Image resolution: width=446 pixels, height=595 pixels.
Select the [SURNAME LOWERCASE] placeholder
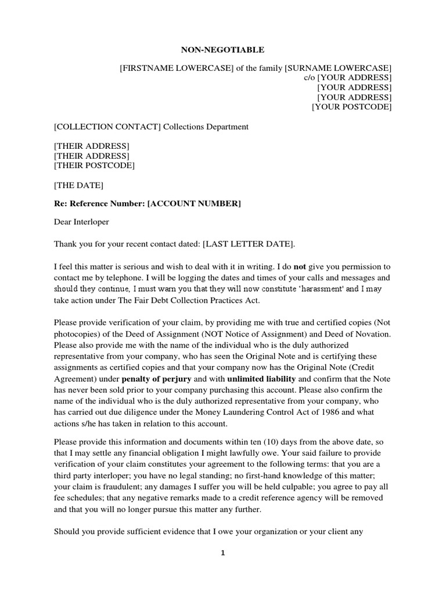click(x=338, y=69)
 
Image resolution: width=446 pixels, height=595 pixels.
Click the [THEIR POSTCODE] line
click(x=94, y=166)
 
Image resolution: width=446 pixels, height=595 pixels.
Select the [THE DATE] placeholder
click(x=78, y=185)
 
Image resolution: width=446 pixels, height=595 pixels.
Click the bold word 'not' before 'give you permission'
click(x=300, y=267)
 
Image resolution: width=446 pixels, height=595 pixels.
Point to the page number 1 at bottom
click(x=223, y=554)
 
